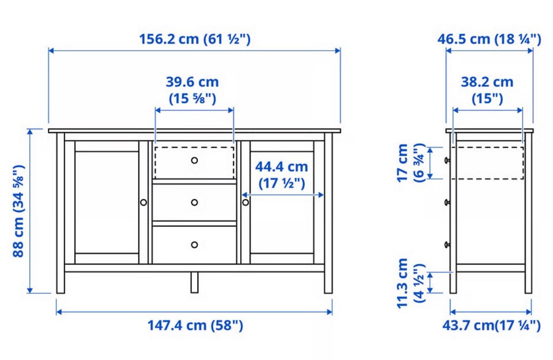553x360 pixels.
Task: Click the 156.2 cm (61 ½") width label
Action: click(x=195, y=39)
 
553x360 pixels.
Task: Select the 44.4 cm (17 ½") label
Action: click(x=282, y=175)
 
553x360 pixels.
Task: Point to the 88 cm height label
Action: click(x=18, y=210)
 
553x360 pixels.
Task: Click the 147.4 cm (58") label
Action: click(x=195, y=325)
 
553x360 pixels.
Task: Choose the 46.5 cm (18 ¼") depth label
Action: click(x=489, y=39)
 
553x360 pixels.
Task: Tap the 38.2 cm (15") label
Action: click(x=487, y=90)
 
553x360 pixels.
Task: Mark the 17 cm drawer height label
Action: click(x=411, y=162)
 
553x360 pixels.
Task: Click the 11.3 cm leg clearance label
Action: click(x=411, y=283)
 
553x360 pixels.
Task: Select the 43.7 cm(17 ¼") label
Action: click(x=491, y=325)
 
